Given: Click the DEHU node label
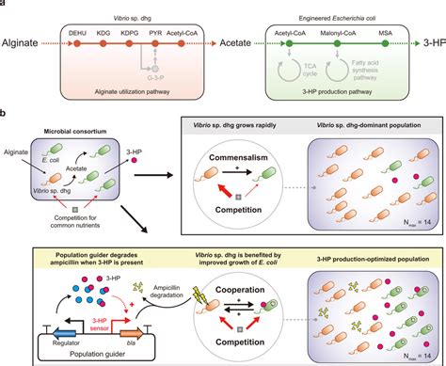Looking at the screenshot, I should pos(79,34).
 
